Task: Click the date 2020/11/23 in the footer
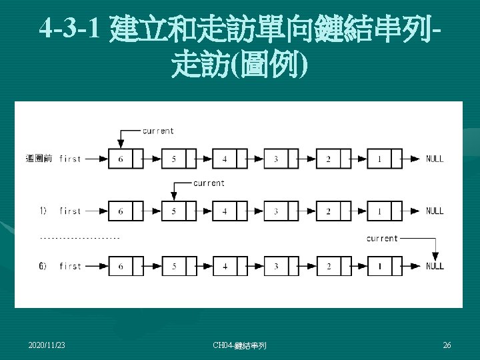[x=47, y=345]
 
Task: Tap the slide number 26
[x=447, y=345]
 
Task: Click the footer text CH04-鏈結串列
[x=239, y=345]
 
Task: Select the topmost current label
[x=158, y=131]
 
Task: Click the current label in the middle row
[x=209, y=183]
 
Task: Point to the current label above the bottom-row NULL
[x=382, y=238]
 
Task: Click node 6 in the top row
[x=121, y=159]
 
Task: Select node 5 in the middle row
[x=173, y=211]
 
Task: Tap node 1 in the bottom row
[x=379, y=266]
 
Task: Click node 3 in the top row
[x=276, y=159]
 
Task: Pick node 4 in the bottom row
[x=225, y=266]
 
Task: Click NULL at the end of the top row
[x=435, y=159]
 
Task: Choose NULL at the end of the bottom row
[x=435, y=266]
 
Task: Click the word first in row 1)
[x=70, y=211]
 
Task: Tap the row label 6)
[x=42, y=266]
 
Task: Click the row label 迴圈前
[x=39, y=159]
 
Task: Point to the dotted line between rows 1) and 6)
[x=80, y=237]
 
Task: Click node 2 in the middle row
[x=328, y=211]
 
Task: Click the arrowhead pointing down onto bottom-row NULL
[x=435, y=256]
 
